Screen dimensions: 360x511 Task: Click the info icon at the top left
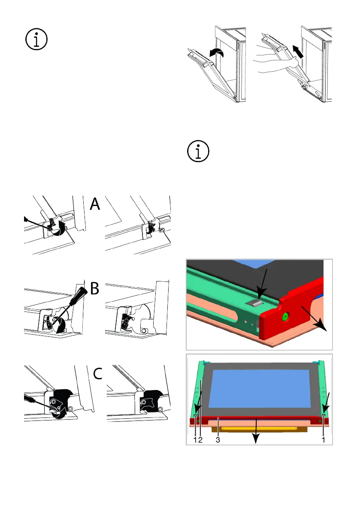point(36,39)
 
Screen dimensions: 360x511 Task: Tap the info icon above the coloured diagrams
point(198,151)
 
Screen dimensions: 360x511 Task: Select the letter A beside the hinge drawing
point(95,204)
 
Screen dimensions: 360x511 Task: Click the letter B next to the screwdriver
point(94,288)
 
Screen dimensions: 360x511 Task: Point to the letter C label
point(98,373)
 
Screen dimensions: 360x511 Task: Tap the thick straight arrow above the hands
point(298,52)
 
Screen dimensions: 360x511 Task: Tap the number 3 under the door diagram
point(218,440)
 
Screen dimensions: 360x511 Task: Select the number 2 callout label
point(200,440)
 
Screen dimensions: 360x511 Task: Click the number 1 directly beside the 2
point(195,440)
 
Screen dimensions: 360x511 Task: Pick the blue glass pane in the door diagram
point(260,389)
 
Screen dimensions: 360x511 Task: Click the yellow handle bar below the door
point(259,429)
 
